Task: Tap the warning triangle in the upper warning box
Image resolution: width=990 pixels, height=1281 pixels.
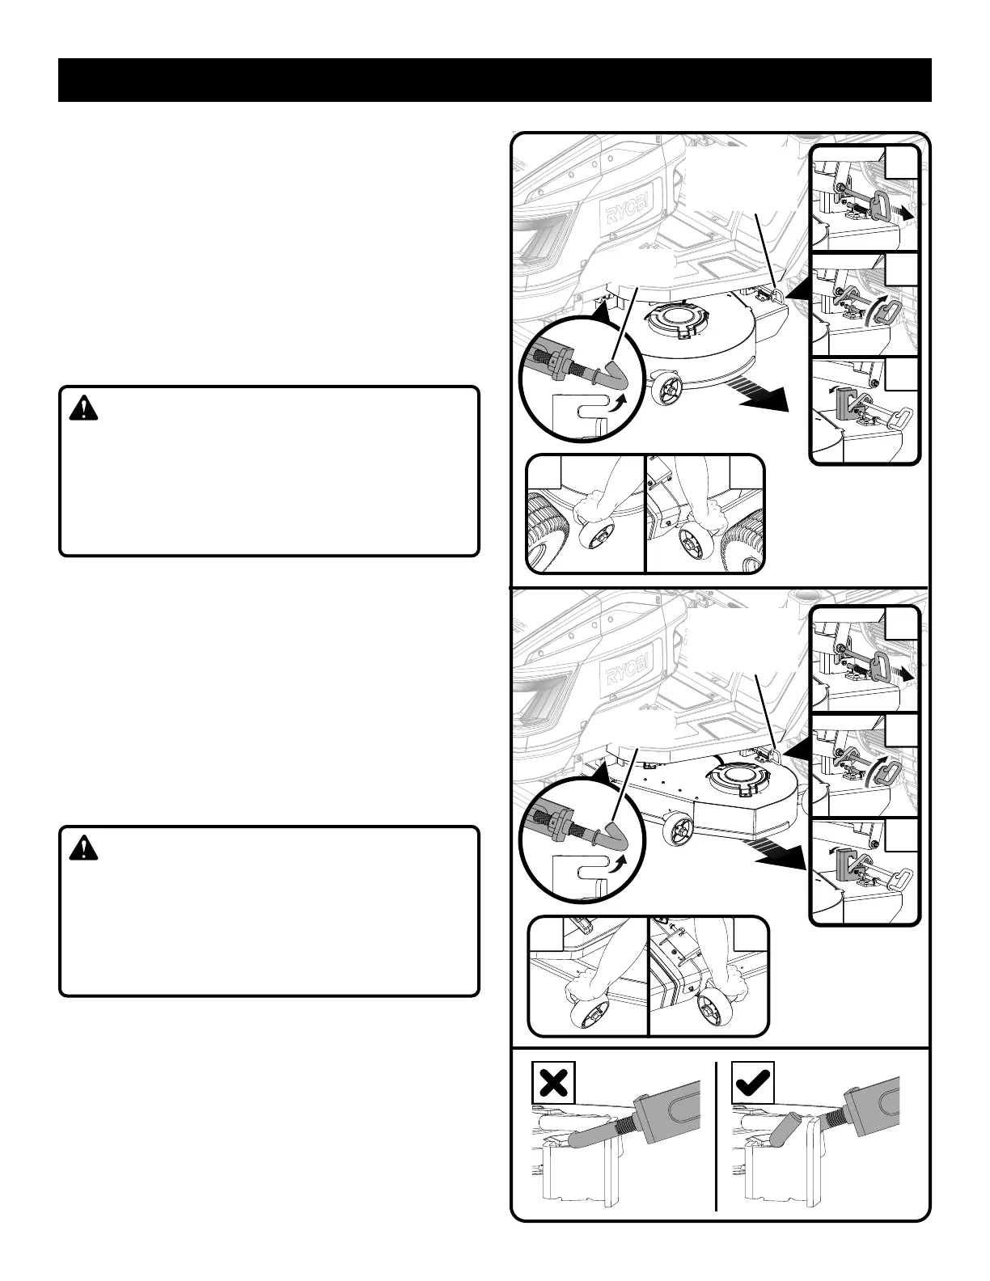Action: pyautogui.click(x=82, y=409)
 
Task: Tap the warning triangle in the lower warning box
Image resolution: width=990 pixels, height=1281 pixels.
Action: pyautogui.click(x=82, y=848)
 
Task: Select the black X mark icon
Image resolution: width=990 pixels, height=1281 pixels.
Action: pyautogui.click(x=553, y=1081)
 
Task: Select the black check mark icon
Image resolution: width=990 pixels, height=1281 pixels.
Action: pyautogui.click(x=752, y=1081)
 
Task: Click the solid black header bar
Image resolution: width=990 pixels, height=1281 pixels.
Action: pyautogui.click(x=495, y=80)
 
